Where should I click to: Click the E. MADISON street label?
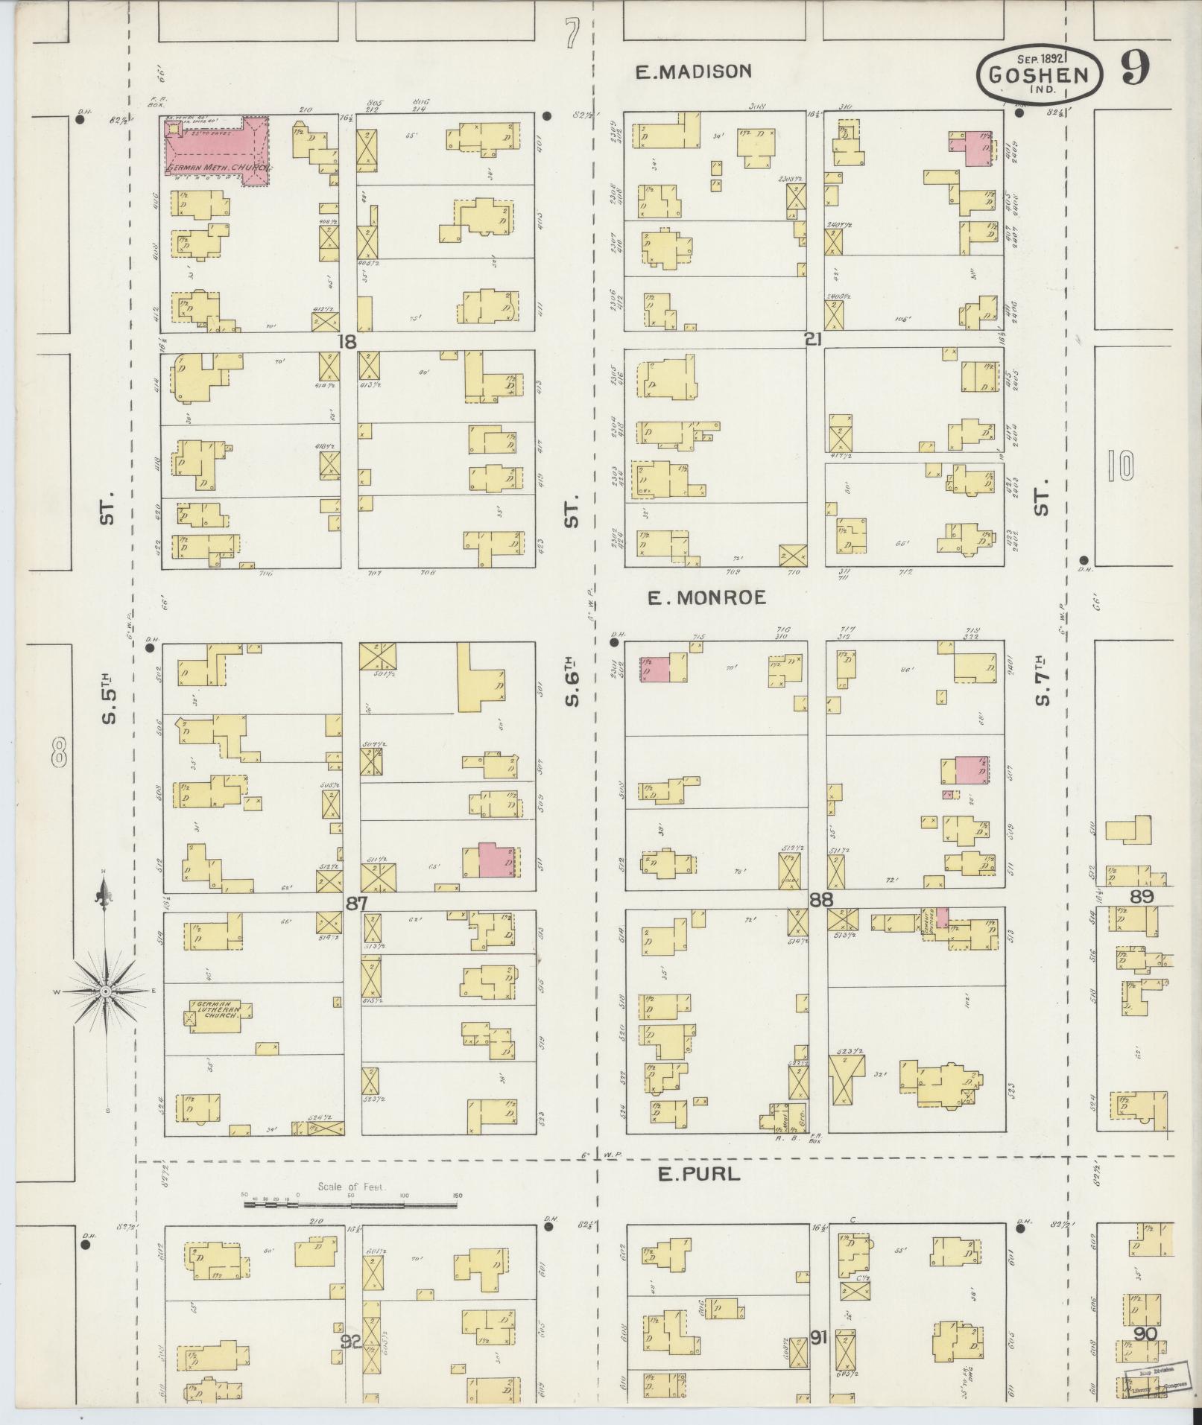[693, 72]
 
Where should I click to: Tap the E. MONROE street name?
[706, 597]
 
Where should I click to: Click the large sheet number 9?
[1134, 68]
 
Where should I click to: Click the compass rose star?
[106, 991]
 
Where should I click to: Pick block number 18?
[347, 341]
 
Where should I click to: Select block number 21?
[813, 340]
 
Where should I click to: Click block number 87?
[357, 902]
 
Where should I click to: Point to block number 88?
[821, 900]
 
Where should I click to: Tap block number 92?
[350, 1342]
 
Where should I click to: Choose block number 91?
[819, 1338]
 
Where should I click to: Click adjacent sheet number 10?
[1120, 466]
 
